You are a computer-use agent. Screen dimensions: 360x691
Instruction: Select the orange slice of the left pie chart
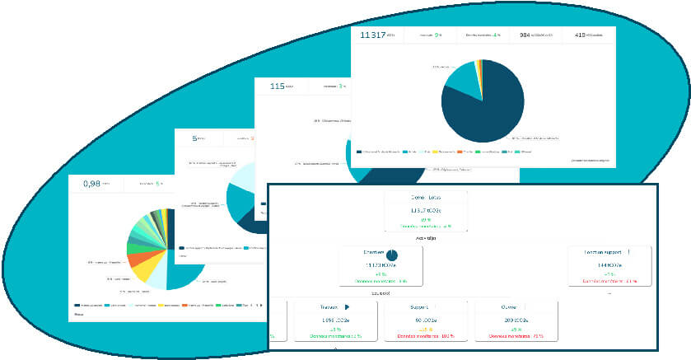(x=134, y=260)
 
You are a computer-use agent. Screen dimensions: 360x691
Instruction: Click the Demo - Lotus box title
(x=426, y=199)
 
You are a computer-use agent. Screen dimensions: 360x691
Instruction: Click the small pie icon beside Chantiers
(x=392, y=255)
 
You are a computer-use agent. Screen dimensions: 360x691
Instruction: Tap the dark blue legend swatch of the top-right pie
(x=359, y=152)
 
